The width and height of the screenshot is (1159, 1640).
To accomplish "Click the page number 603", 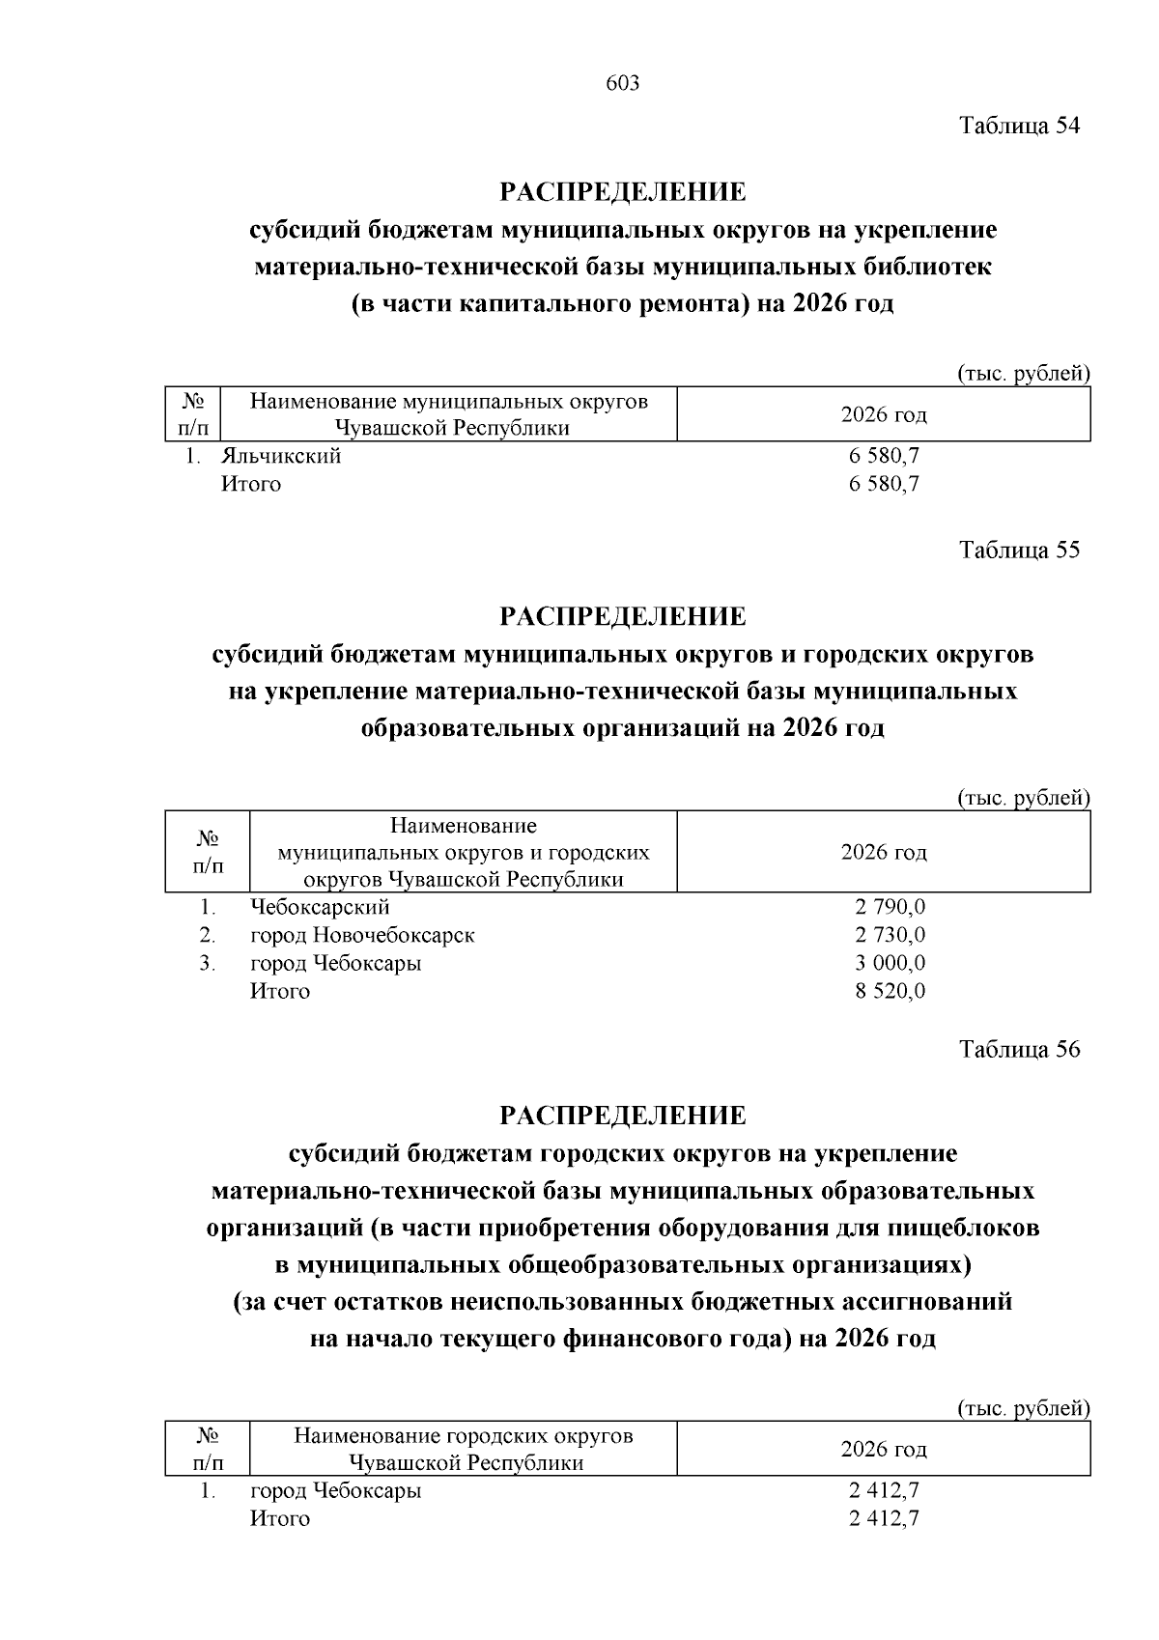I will tap(622, 84).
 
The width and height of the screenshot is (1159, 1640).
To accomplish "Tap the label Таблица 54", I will tap(1019, 126).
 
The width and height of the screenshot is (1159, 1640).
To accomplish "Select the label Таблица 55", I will tap(1019, 551).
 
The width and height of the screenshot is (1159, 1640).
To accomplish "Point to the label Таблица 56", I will tap(1019, 1050).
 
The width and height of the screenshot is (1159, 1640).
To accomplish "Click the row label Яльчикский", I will tap(281, 456).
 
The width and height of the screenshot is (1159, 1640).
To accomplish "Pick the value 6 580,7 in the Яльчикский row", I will tap(884, 456).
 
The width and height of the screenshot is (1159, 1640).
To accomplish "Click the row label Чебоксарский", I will tap(320, 907).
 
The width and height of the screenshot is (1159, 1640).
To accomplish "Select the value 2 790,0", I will tap(890, 907).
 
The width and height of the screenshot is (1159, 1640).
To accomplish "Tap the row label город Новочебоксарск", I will tap(362, 935).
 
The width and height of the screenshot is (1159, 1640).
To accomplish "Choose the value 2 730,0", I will tap(890, 935).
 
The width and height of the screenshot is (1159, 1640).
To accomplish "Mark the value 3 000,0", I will tap(890, 963).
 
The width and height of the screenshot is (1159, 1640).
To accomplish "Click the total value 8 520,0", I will tap(890, 991).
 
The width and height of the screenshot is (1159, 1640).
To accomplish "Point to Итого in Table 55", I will tap(280, 991).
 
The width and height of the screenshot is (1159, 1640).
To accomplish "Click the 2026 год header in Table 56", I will tap(884, 1449).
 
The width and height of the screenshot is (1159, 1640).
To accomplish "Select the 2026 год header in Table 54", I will tap(884, 415).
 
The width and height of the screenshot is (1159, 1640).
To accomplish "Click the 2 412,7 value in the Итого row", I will tap(884, 1518).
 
